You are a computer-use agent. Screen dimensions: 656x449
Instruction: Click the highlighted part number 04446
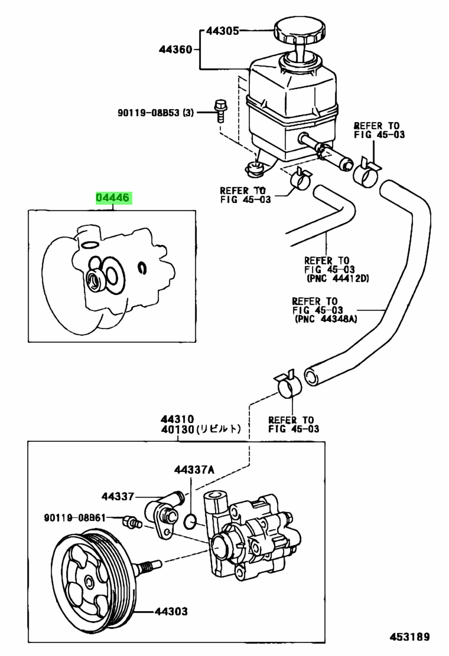tap(113, 198)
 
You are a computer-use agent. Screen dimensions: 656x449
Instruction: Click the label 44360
tap(175, 51)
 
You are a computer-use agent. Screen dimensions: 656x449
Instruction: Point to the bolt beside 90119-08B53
tap(220, 109)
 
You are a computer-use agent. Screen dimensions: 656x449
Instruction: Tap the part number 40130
tap(176, 430)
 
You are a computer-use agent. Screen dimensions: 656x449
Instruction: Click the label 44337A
tap(194, 470)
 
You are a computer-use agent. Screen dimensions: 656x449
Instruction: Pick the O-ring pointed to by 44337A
tap(190, 520)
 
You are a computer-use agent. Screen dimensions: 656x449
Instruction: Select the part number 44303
tap(172, 611)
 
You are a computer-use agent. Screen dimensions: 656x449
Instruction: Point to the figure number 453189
tap(408, 637)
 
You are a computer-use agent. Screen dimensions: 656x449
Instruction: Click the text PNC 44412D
tap(337, 278)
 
